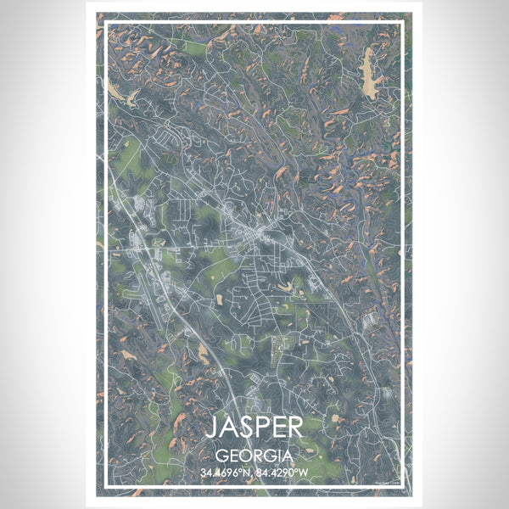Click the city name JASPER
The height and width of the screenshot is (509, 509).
(254, 425)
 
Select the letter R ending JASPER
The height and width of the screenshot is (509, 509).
(299, 425)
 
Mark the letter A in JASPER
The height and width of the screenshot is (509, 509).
(227, 425)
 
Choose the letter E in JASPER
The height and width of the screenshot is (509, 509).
(282, 425)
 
